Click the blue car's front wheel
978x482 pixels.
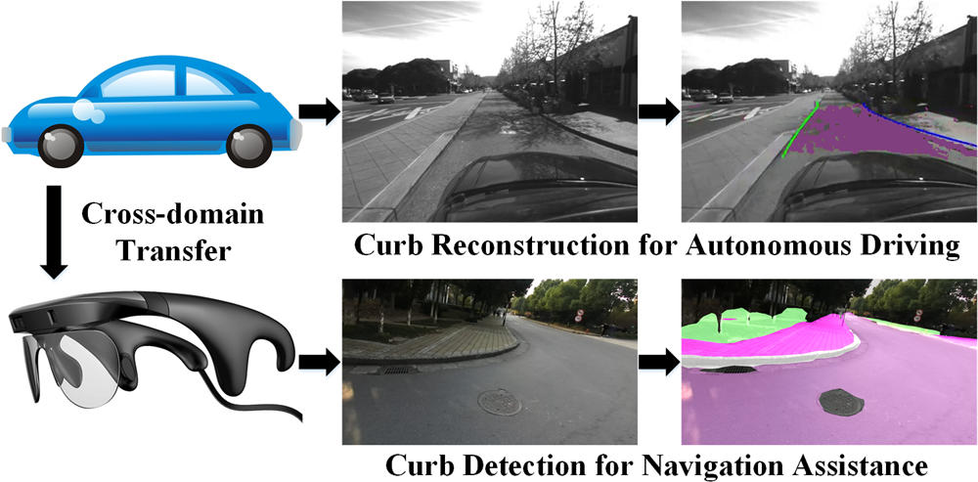point(249,146)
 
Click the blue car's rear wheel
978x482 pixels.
point(61,146)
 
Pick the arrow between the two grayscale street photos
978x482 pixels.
point(658,111)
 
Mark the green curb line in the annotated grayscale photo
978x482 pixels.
point(800,128)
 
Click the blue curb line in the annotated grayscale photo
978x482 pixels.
point(919,125)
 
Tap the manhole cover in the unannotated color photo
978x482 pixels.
point(500,402)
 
